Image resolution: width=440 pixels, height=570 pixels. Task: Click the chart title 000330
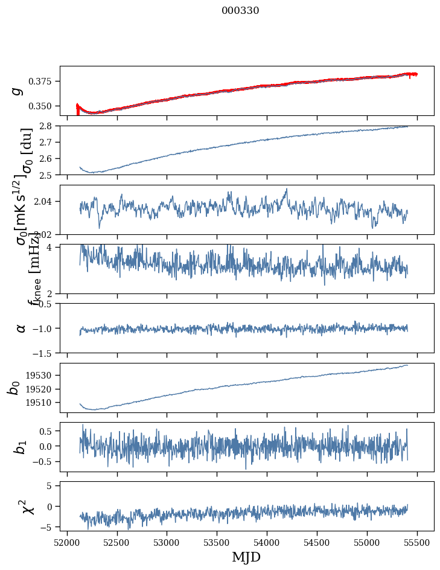tap(240, 11)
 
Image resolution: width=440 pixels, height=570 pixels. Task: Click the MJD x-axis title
tap(246, 557)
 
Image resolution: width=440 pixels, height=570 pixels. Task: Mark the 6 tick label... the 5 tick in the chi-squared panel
tap(51, 485)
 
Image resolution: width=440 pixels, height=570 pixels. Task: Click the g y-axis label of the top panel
tap(18, 91)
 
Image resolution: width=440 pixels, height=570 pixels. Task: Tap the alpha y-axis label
tap(21, 328)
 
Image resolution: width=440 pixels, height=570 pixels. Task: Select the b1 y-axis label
tap(21, 447)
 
